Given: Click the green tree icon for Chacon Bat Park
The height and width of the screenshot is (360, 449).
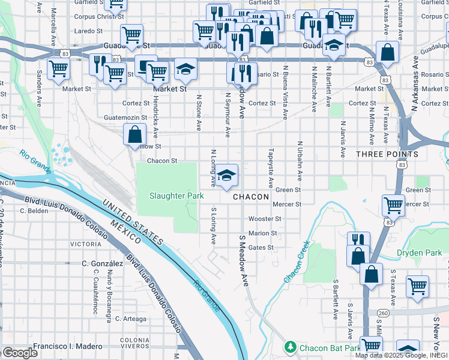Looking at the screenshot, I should coord(290,347).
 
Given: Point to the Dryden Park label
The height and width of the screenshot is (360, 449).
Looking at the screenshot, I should coord(419,253).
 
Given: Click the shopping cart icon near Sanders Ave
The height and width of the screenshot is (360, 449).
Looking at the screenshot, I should coord(58,68).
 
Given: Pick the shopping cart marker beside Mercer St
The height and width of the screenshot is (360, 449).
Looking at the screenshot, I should coord(393,205).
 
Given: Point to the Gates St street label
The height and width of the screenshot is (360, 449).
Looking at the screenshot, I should coord(261,247).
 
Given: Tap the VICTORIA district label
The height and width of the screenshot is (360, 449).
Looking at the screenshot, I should coord(86,245).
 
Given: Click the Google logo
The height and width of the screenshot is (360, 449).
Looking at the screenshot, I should coord(20,353).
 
